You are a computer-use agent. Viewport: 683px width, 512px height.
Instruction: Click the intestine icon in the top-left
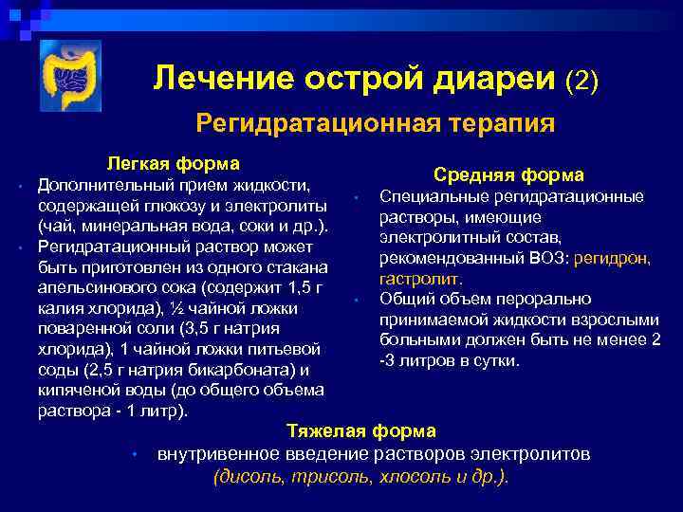pyautogui.click(x=70, y=77)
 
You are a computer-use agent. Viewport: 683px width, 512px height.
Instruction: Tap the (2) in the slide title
pyautogui.click(x=581, y=81)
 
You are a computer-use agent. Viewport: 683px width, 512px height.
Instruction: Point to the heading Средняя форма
pyautogui.click(x=508, y=174)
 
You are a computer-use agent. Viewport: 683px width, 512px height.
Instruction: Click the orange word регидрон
pyautogui.click(x=618, y=259)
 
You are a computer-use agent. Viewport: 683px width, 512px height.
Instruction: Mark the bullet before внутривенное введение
pyautogui.click(x=137, y=455)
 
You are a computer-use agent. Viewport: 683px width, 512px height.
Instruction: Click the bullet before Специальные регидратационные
pyautogui.click(x=351, y=197)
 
